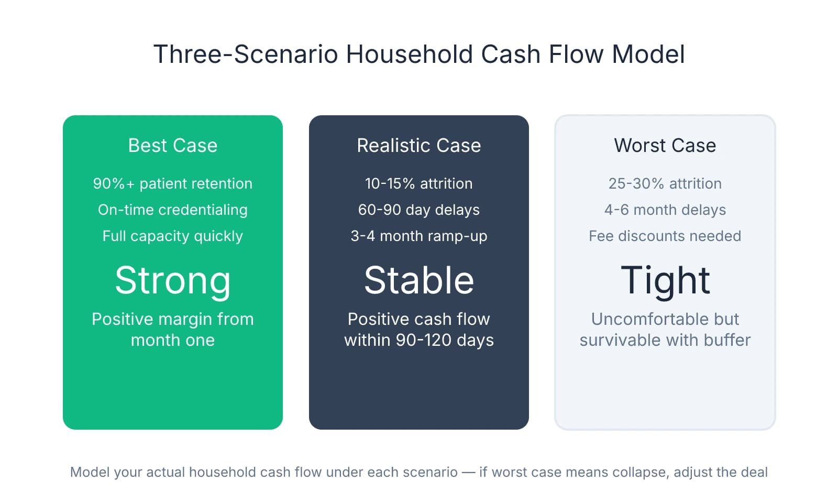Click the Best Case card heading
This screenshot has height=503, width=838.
tap(172, 145)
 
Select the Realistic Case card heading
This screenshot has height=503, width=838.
tap(418, 145)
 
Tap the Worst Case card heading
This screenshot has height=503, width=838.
tap(665, 145)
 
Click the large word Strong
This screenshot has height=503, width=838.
tap(172, 280)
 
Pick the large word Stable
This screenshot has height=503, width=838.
tap(418, 280)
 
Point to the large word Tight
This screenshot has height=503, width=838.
tap(665, 280)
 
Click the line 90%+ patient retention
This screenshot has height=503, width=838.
tap(172, 183)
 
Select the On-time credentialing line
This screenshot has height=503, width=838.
tap(172, 210)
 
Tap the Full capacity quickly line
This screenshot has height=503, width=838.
tap(172, 236)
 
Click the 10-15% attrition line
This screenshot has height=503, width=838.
tap(418, 183)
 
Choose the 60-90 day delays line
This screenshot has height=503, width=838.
tap(418, 210)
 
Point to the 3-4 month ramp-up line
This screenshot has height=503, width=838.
tap(418, 236)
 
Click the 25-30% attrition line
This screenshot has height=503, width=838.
tap(665, 183)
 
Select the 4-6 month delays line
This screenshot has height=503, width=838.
tap(665, 210)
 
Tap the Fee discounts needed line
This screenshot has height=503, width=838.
tap(665, 236)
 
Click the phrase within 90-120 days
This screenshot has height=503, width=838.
tap(418, 340)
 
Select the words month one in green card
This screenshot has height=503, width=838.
tap(172, 340)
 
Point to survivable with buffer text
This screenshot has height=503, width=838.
tap(665, 340)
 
